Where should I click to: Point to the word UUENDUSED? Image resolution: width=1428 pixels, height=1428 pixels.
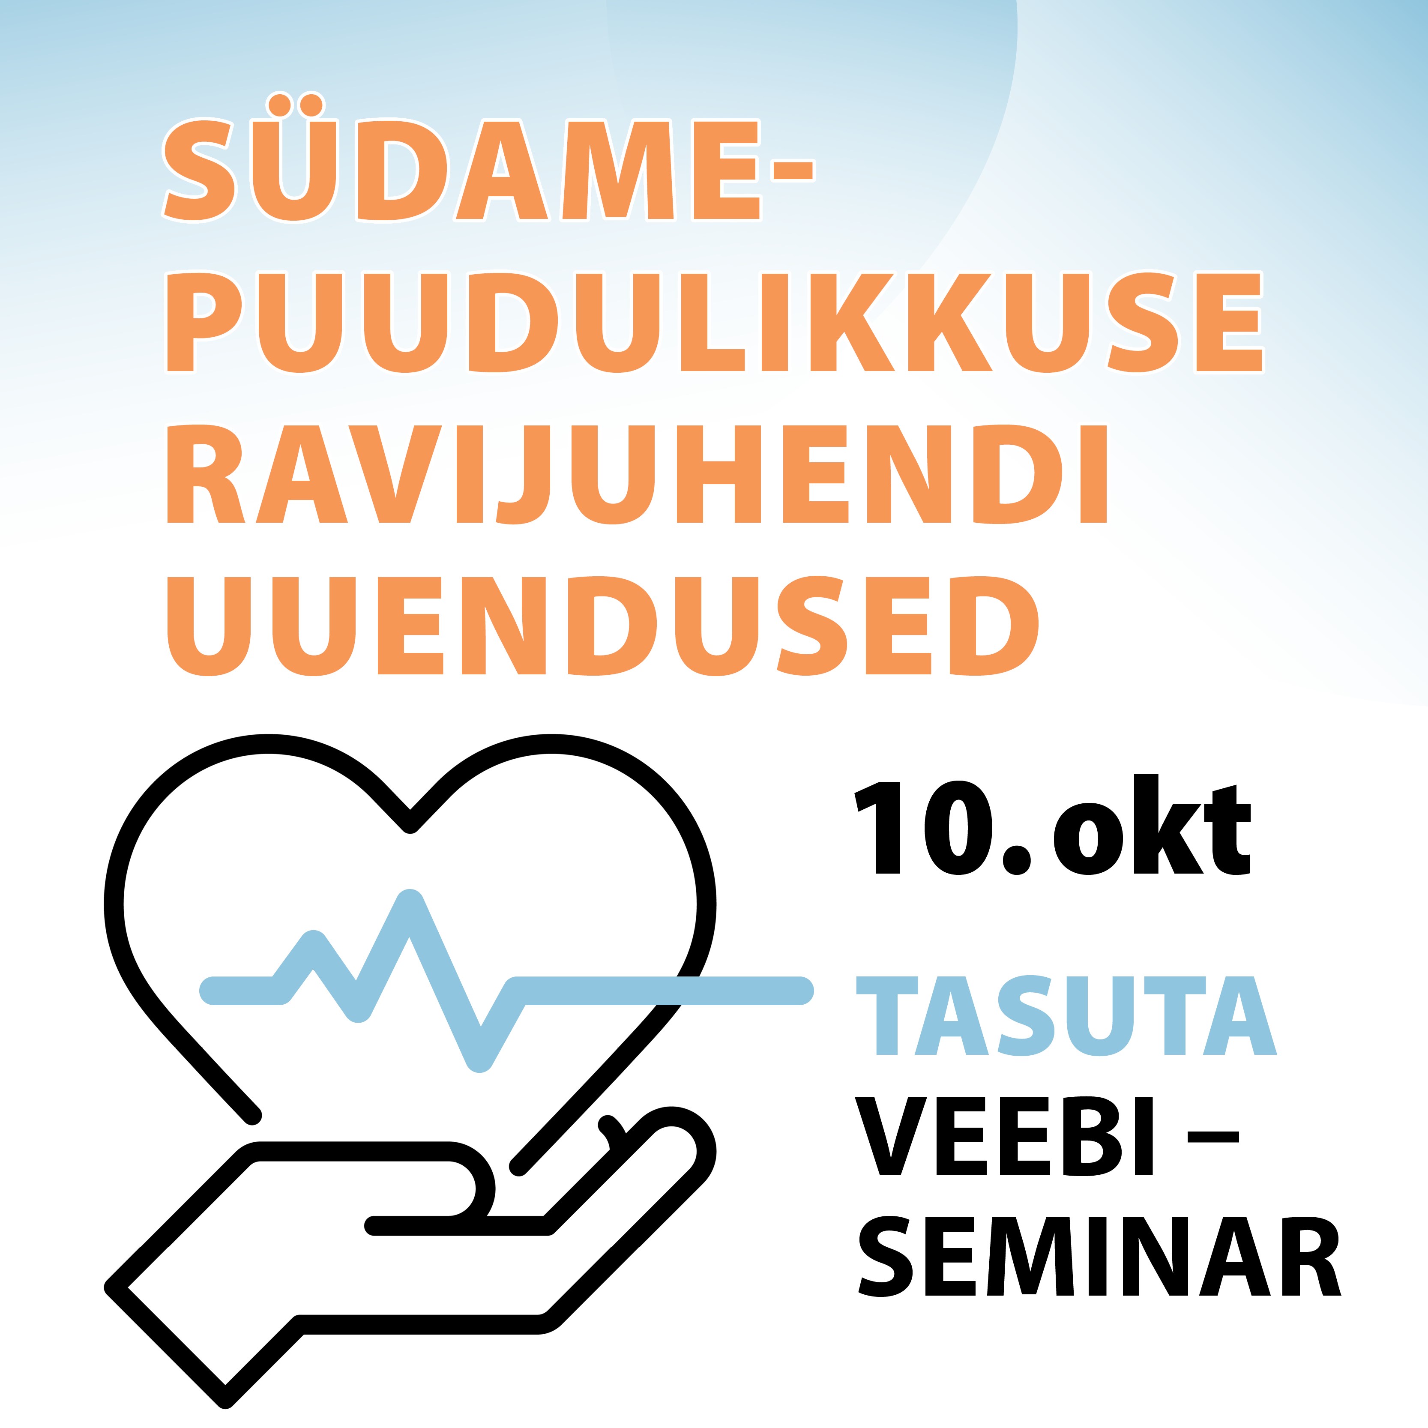click(x=602, y=626)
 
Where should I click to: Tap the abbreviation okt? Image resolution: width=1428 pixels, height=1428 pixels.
click(x=1153, y=825)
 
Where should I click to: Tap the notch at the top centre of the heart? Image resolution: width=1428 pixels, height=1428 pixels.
click(x=410, y=822)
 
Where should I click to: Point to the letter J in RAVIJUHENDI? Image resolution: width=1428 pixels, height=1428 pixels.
click(x=523, y=475)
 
